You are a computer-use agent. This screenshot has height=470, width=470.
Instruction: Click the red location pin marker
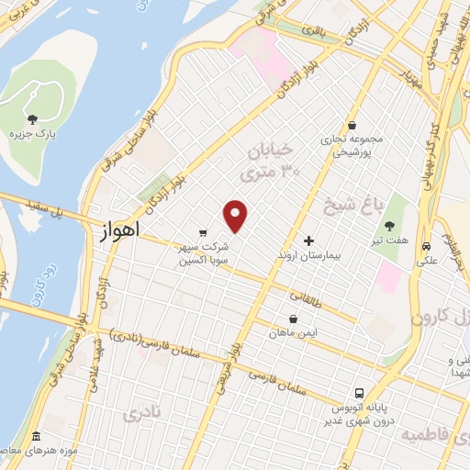point(236,215)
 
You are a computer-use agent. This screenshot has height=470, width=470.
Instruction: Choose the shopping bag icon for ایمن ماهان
point(290,319)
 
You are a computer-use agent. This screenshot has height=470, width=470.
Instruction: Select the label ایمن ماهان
point(290,333)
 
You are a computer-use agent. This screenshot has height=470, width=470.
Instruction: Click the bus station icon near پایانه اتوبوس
point(359,389)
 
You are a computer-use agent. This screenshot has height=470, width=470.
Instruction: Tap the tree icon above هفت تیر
point(390,226)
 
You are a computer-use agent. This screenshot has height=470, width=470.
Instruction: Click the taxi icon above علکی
point(427,246)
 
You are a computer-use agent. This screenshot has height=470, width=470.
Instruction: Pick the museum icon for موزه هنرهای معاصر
point(35,435)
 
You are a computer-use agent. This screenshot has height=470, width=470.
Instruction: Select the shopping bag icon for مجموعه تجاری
point(352,125)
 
